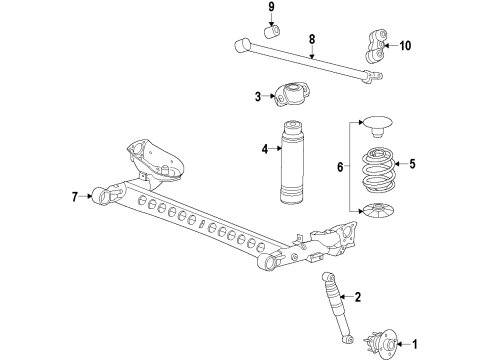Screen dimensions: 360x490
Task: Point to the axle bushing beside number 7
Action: click(101, 194)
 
